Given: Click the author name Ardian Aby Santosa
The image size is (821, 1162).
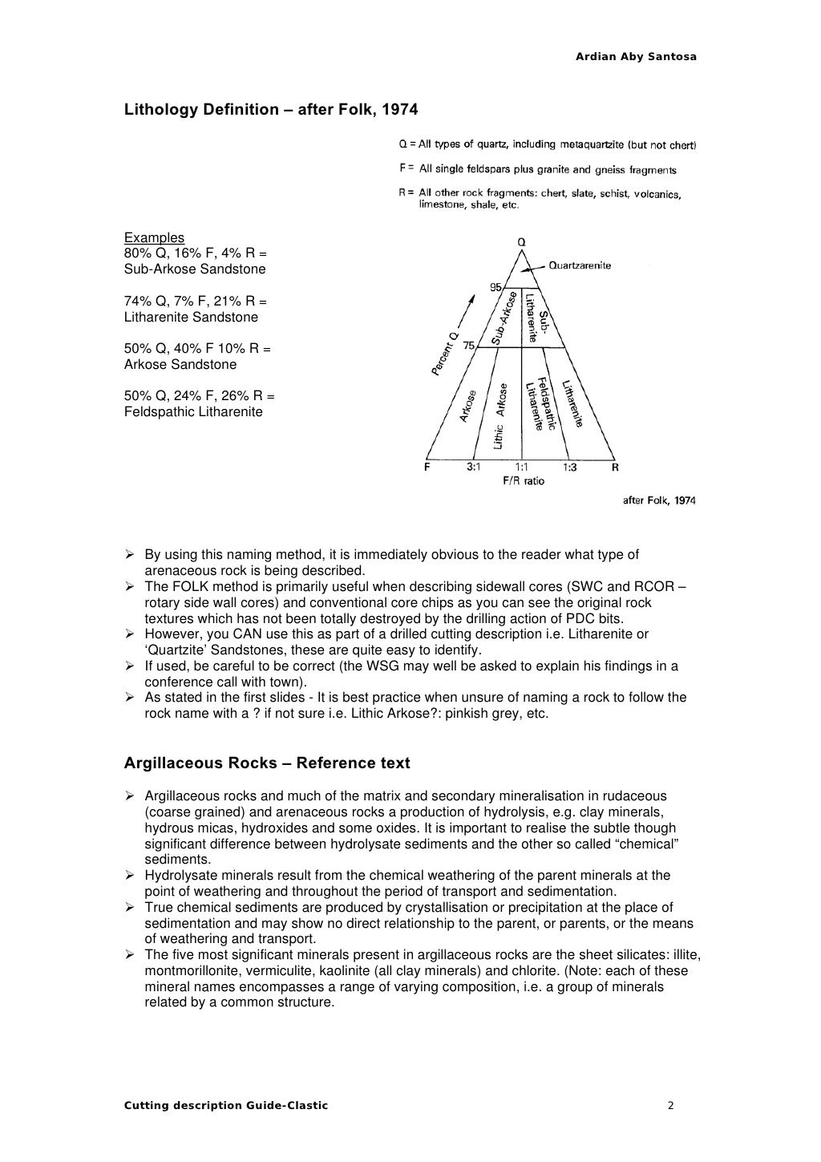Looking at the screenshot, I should coord(636,57).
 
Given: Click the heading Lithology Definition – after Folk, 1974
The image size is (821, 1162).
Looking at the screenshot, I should coord(271,109).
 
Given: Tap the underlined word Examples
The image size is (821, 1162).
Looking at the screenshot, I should coord(154,237).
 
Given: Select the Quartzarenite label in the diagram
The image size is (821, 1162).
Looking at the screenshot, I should coord(579,265).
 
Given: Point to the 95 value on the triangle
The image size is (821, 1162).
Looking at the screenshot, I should coord(495,287).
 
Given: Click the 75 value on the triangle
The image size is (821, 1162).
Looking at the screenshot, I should coord(469,346).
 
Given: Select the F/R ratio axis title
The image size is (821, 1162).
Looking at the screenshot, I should coord(523,481).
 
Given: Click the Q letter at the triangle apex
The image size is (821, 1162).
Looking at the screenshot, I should coord(521,241).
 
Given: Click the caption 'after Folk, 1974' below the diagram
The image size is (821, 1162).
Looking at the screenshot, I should coord(659,500).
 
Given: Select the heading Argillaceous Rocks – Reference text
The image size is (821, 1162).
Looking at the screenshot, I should coord(266,763).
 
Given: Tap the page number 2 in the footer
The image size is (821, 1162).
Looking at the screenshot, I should coord(670,1106).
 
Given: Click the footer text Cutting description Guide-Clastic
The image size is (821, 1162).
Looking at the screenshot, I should coord(225,1106).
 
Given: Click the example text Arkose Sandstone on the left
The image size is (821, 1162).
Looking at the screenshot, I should coord(180,364).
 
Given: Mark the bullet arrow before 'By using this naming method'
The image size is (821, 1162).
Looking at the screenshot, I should coord(129,555).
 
